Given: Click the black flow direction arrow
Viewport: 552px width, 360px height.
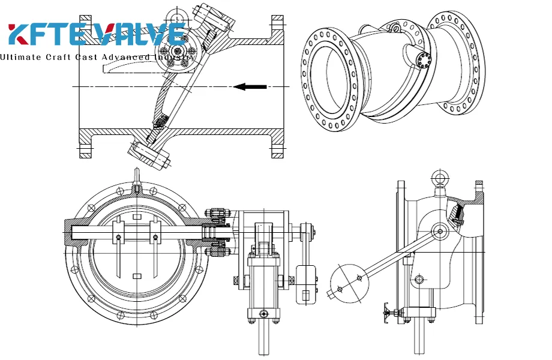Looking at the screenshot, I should (250, 87).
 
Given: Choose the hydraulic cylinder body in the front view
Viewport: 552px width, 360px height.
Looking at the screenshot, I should (263, 282).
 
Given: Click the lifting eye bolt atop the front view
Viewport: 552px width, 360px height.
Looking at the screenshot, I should (137, 178).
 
